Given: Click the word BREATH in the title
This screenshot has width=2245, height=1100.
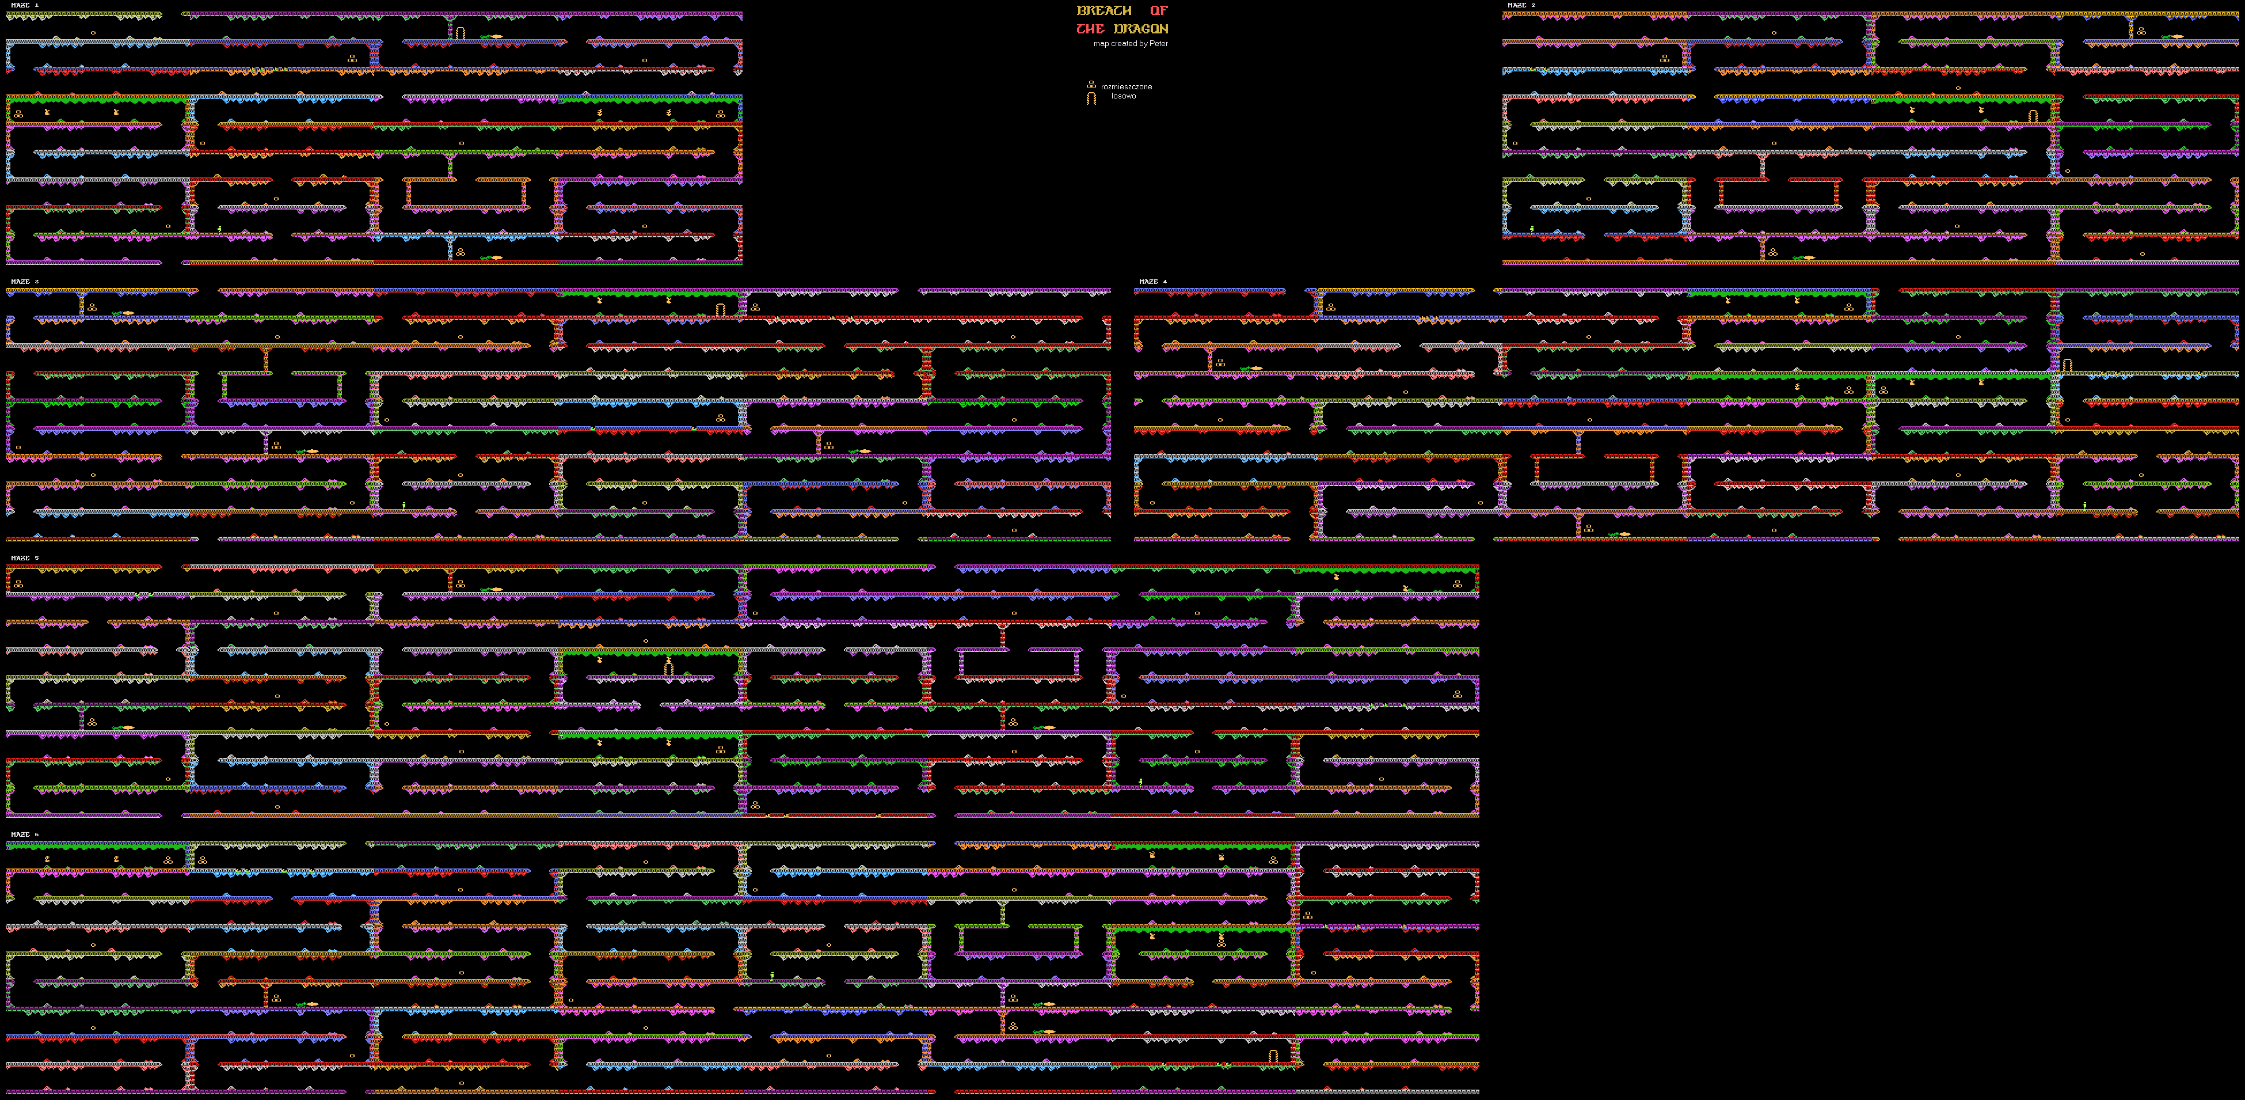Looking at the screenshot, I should coord(1104,10).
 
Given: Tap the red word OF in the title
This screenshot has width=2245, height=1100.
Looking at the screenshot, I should coord(1158,10).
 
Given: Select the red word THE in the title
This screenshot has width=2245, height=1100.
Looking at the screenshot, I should coord(1089,29).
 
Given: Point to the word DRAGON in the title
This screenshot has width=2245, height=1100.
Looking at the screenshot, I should coord(1141,29).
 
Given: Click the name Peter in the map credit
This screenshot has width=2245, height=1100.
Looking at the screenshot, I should coord(1158,44).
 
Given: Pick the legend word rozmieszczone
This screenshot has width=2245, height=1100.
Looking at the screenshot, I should coord(1126,86).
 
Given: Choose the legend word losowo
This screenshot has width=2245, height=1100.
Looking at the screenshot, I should coord(1124,96).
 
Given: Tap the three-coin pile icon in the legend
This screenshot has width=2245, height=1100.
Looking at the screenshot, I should coord(1090,85).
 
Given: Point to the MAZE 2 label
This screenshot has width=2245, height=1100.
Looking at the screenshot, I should coord(1521,5).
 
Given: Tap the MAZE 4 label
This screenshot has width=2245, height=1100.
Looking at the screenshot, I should coord(1152,282).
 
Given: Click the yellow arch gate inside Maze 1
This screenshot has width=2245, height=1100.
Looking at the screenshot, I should coord(460,33).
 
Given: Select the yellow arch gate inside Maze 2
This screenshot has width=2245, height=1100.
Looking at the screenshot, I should coord(2033,116).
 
